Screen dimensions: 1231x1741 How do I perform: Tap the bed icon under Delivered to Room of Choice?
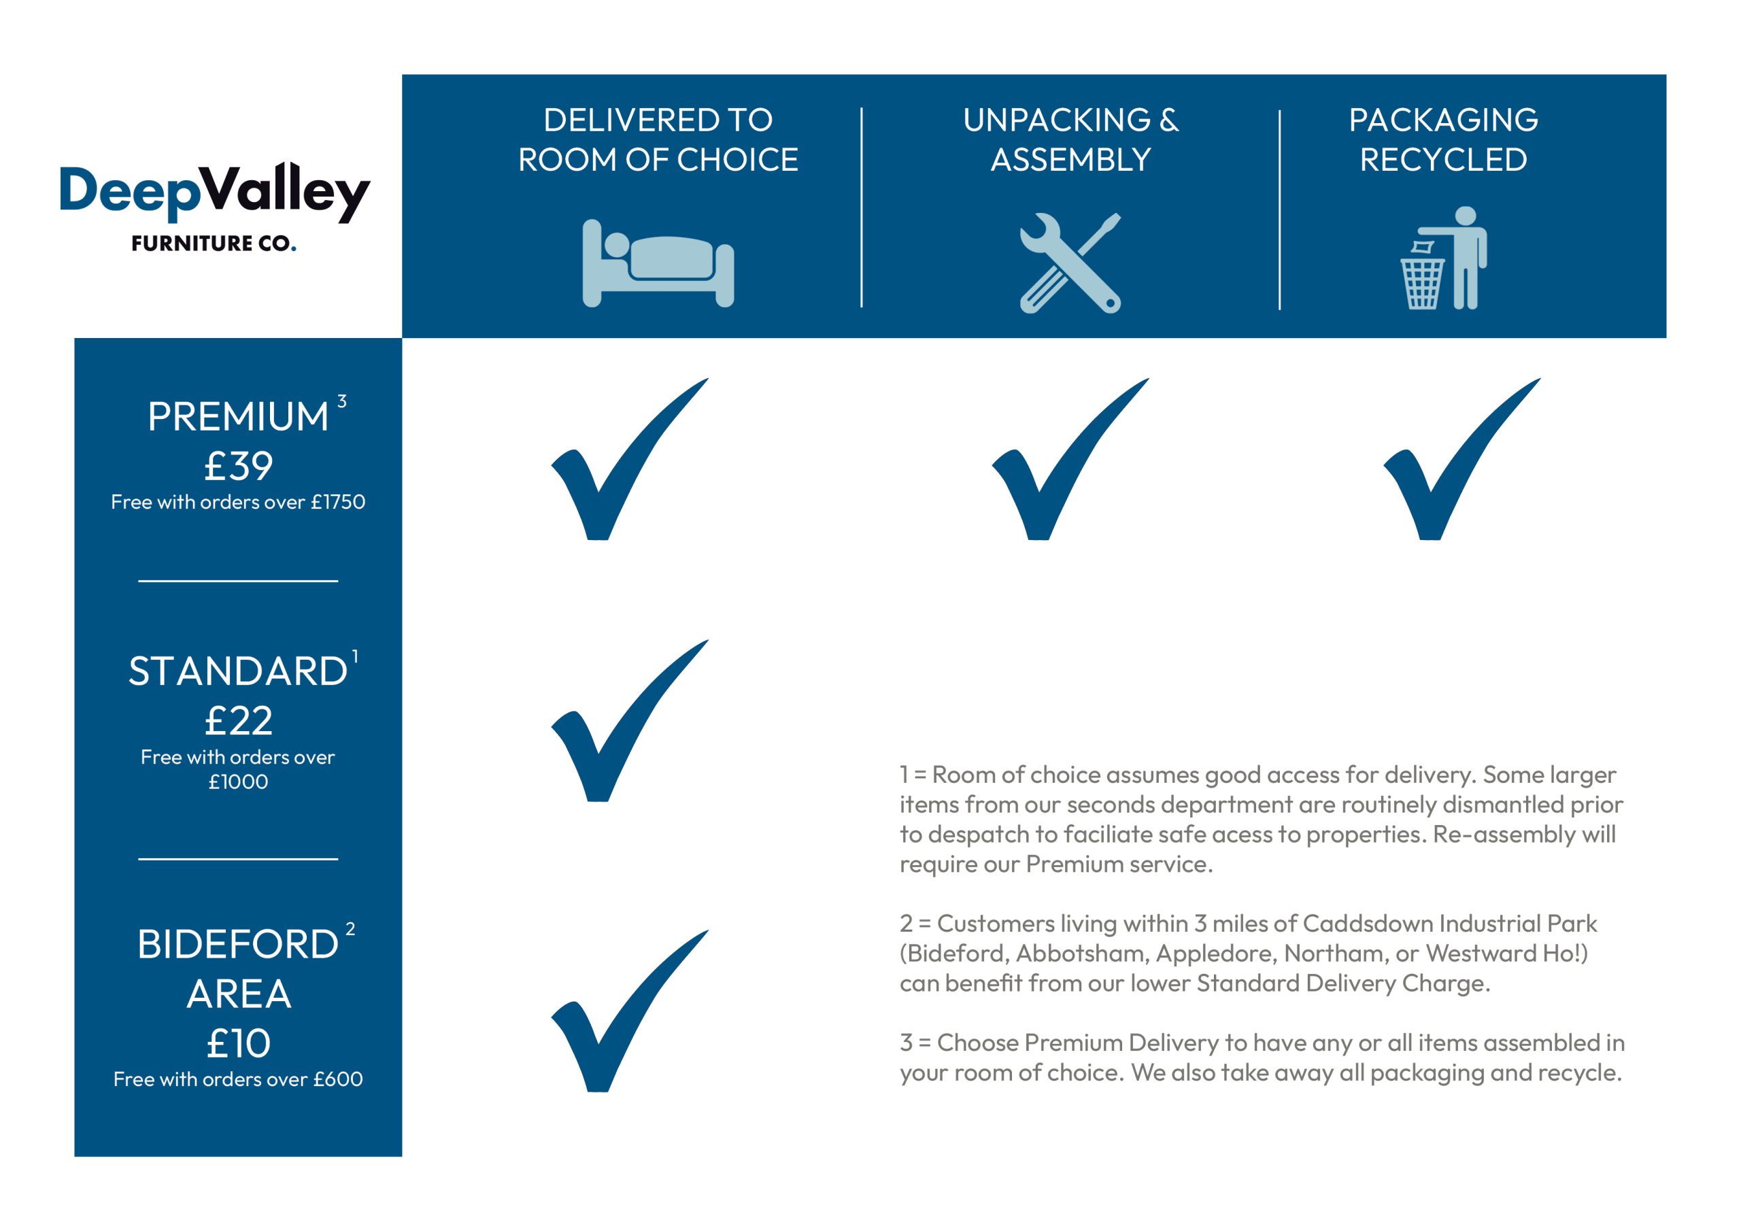tap(658, 263)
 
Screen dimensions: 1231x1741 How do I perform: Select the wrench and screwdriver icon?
tap(1070, 263)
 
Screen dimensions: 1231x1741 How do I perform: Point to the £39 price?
tap(238, 466)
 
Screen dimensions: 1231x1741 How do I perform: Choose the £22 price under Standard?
tap(238, 720)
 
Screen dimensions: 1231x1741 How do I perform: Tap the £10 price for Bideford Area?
tap(238, 1044)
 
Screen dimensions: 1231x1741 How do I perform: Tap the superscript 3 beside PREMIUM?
tap(342, 401)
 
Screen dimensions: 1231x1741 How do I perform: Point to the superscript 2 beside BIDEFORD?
tap(350, 929)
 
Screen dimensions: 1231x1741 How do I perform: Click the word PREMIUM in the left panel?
tap(237, 416)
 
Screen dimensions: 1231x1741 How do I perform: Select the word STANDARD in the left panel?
tap(237, 671)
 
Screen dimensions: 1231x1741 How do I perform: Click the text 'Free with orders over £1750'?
tap(238, 502)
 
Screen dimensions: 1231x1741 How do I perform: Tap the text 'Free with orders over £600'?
tap(238, 1079)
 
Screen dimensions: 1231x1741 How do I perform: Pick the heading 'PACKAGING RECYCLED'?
tap(1443, 139)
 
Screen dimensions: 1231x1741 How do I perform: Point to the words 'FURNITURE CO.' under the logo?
tap(213, 243)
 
